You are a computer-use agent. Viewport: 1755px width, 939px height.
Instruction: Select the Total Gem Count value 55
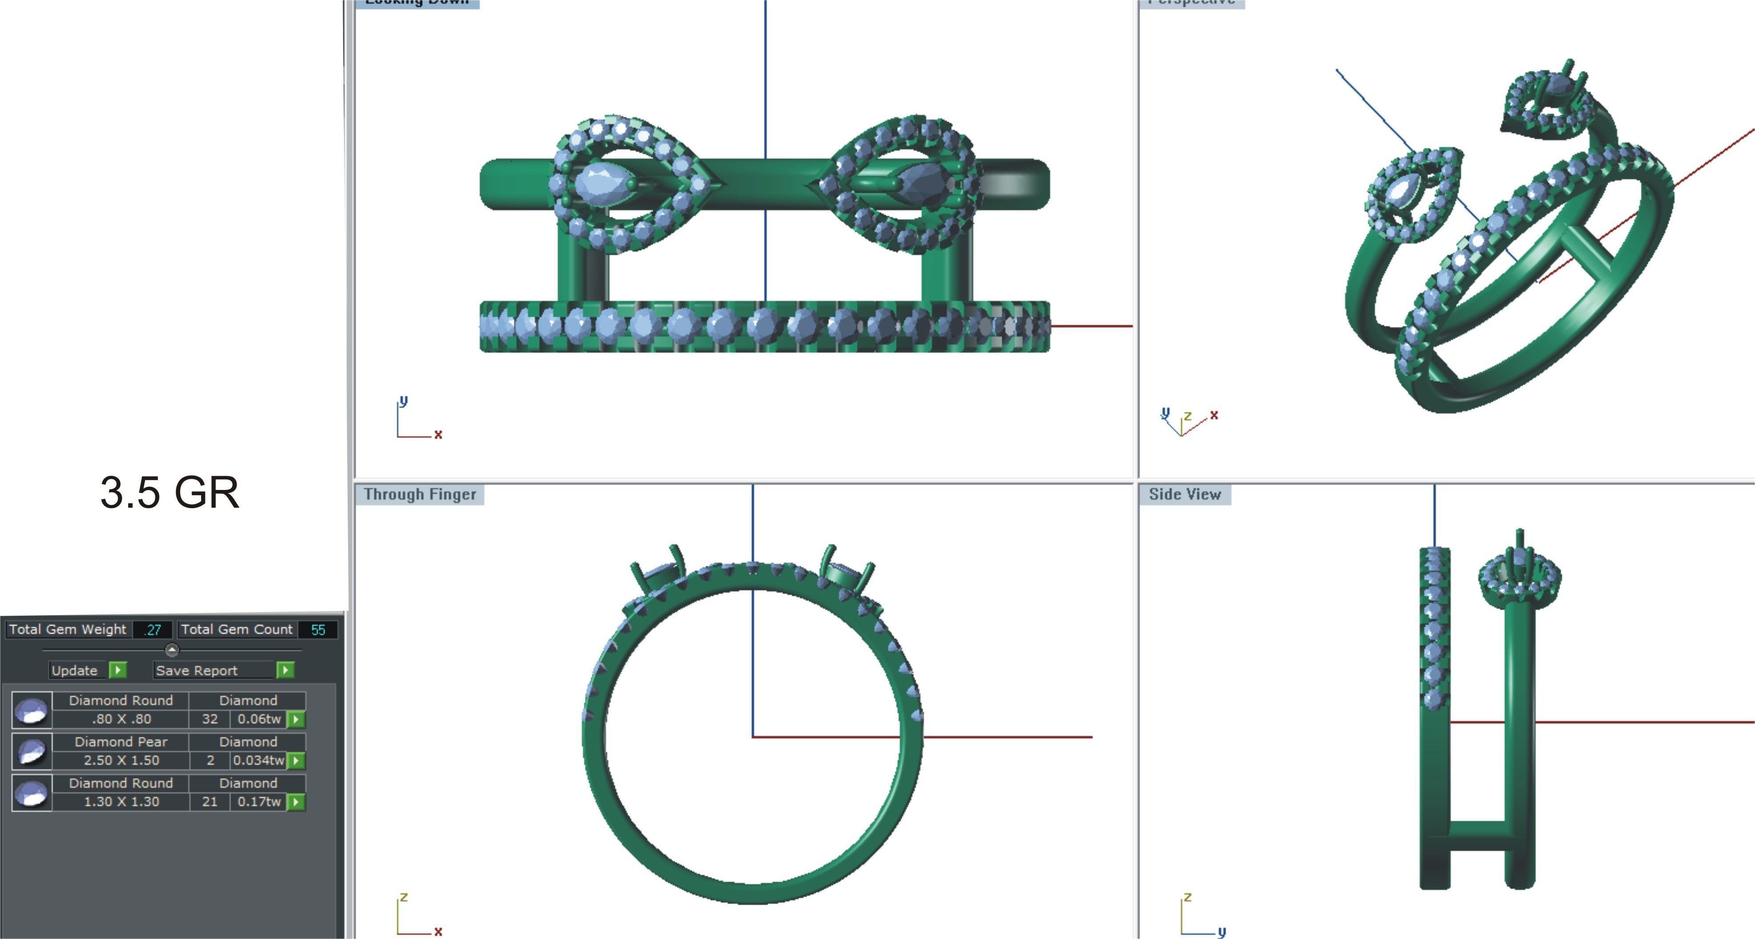(x=317, y=630)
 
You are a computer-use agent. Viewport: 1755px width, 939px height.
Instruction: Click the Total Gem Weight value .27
(x=153, y=630)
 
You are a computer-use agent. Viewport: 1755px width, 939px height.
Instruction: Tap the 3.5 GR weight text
(x=170, y=492)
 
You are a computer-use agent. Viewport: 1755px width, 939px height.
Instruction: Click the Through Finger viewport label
(x=419, y=495)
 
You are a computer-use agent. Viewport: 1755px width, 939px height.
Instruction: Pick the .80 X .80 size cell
(x=121, y=719)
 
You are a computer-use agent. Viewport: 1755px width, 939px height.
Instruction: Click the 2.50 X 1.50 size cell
(x=121, y=760)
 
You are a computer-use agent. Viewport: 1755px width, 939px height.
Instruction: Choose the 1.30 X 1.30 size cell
(x=121, y=802)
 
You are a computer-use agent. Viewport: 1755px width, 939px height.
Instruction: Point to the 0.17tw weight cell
(x=258, y=802)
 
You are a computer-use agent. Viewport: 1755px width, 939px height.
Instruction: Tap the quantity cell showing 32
(x=210, y=719)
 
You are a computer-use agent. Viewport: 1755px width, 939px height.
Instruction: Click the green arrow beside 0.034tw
(x=296, y=760)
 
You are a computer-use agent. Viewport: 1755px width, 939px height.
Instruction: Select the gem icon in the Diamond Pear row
(x=32, y=752)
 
